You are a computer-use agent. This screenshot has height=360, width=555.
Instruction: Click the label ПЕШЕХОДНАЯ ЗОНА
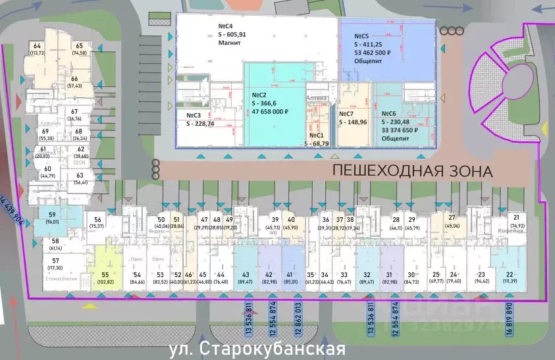[x=412, y=172]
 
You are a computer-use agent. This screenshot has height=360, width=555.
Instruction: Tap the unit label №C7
[x=351, y=113]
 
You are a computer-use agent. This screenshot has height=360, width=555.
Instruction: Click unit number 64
[x=36, y=46]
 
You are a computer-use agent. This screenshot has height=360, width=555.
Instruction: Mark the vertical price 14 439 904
[x=14, y=217]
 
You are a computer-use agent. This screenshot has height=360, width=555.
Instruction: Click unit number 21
[x=516, y=218]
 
